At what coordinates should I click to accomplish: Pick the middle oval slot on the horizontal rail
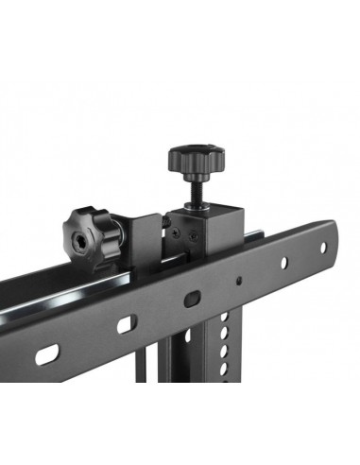click(123, 322)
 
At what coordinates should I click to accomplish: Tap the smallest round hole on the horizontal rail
click(239, 281)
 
